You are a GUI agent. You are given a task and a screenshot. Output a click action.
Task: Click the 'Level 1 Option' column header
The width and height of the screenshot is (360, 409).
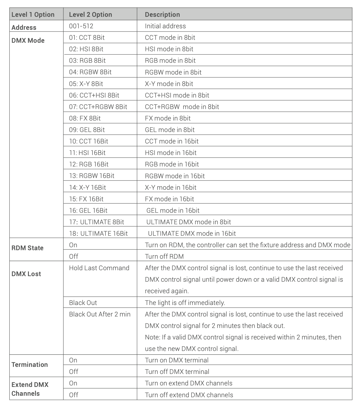click(33, 14)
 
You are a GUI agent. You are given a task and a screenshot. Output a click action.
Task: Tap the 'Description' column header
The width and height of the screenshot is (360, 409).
click(162, 14)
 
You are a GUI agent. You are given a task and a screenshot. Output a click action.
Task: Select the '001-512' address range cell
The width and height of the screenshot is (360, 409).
click(81, 26)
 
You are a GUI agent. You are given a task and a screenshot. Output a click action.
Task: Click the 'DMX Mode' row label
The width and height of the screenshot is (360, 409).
click(28, 40)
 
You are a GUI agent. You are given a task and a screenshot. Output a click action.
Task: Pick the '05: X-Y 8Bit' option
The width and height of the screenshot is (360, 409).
click(86, 84)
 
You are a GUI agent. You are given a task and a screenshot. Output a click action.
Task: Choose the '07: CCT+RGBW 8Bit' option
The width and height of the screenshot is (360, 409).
click(98, 107)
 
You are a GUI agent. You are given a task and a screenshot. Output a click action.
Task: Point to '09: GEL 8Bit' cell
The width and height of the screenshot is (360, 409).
click(87, 130)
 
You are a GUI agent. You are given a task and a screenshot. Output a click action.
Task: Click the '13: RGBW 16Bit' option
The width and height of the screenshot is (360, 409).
click(92, 176)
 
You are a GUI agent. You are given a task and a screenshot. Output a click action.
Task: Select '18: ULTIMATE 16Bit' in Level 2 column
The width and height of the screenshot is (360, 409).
click(98, 233)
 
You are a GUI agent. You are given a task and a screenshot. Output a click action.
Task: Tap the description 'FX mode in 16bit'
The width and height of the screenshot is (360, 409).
click(169, 199)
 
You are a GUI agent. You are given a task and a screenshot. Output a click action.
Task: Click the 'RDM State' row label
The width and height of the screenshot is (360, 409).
click(27, 248)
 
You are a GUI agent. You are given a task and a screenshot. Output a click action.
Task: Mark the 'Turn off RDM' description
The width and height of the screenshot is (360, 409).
click(164, 256)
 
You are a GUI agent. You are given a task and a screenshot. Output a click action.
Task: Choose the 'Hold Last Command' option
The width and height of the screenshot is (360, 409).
click(99, 268)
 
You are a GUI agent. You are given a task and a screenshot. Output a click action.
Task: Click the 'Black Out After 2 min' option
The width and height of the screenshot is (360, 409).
click(100, 314)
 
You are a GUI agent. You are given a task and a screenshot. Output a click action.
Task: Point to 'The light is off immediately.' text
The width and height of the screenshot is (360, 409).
click(185, 303)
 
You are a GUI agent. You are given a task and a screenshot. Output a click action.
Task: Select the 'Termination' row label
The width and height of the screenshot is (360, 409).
click(29, 365)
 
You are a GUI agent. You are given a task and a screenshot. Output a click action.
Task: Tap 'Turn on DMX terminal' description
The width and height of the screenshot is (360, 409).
click(176, 360)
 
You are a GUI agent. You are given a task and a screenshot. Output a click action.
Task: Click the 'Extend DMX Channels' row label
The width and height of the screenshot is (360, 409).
click(30, 389)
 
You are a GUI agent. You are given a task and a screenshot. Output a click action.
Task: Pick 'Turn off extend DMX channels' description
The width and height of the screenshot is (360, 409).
click(189, 395)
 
